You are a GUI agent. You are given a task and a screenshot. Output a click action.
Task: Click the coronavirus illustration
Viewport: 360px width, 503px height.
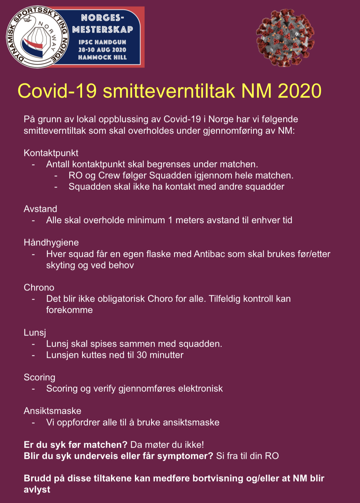(x=285, y=37)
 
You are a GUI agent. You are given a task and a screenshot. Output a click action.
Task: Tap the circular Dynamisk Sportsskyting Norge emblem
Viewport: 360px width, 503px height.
(x=37, y=37)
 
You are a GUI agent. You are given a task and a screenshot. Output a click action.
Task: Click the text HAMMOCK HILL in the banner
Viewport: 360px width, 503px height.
(x=102, y=57)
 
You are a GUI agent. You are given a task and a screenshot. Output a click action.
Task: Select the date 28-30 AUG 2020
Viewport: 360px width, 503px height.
(x=102, y=50)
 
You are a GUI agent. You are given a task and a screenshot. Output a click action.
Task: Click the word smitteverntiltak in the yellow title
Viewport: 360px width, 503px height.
(x=169, y=91)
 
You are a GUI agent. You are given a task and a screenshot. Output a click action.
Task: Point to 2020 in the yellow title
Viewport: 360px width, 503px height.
(x=299, y=91)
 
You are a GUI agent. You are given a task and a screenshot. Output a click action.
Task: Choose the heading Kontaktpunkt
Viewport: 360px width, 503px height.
(x=51, y=153)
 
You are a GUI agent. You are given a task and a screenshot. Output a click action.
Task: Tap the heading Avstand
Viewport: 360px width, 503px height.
(x=40, y=209)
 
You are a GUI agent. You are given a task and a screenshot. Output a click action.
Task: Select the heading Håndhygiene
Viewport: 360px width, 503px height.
(x=51, y=242)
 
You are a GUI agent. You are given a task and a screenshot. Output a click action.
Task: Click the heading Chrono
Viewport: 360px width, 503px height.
(x=39, y=287)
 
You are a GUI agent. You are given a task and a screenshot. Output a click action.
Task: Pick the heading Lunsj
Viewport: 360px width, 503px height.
(x=35, y=332)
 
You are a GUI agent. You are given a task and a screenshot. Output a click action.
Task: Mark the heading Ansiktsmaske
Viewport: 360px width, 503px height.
(x=52, y=411)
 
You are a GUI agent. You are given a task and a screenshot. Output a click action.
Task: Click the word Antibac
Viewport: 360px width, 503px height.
(x=210, y=254)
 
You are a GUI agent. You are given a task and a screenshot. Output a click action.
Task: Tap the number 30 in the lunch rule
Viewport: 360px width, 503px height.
(x=142, y=355)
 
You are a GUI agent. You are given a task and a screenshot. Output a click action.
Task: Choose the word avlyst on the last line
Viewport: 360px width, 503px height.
(x=37, y=489)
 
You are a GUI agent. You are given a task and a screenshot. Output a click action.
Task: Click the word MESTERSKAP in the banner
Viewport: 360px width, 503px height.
(x=103, y=30)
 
